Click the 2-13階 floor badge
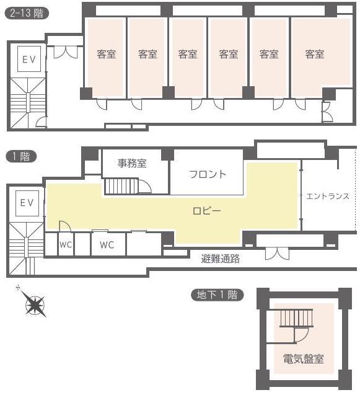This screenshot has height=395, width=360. [27, 13]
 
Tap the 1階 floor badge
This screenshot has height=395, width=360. [21, 156]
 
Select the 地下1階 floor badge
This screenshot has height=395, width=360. [217, 295]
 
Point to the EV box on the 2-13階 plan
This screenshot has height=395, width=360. [29, 59]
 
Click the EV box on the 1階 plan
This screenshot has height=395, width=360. [27, 203]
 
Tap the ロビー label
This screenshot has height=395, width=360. [207, 211]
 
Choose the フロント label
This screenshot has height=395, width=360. [208, 174]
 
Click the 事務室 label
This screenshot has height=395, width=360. [132, 163]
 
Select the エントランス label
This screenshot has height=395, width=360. [328, 196]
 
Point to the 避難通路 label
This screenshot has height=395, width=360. [221, 259]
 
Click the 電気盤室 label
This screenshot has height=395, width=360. [304, 358]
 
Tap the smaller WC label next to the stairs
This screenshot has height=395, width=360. [66, 244]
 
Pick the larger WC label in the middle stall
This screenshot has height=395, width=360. [107, 244]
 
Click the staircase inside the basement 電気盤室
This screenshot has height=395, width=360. [297, 318]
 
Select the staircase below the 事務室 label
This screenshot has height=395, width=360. [121, 186]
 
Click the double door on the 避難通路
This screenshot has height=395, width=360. [277, 254]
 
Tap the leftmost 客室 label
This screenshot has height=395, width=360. [106, 54]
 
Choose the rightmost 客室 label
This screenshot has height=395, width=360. [315, 54]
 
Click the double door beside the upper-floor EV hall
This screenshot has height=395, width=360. [66, 52]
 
